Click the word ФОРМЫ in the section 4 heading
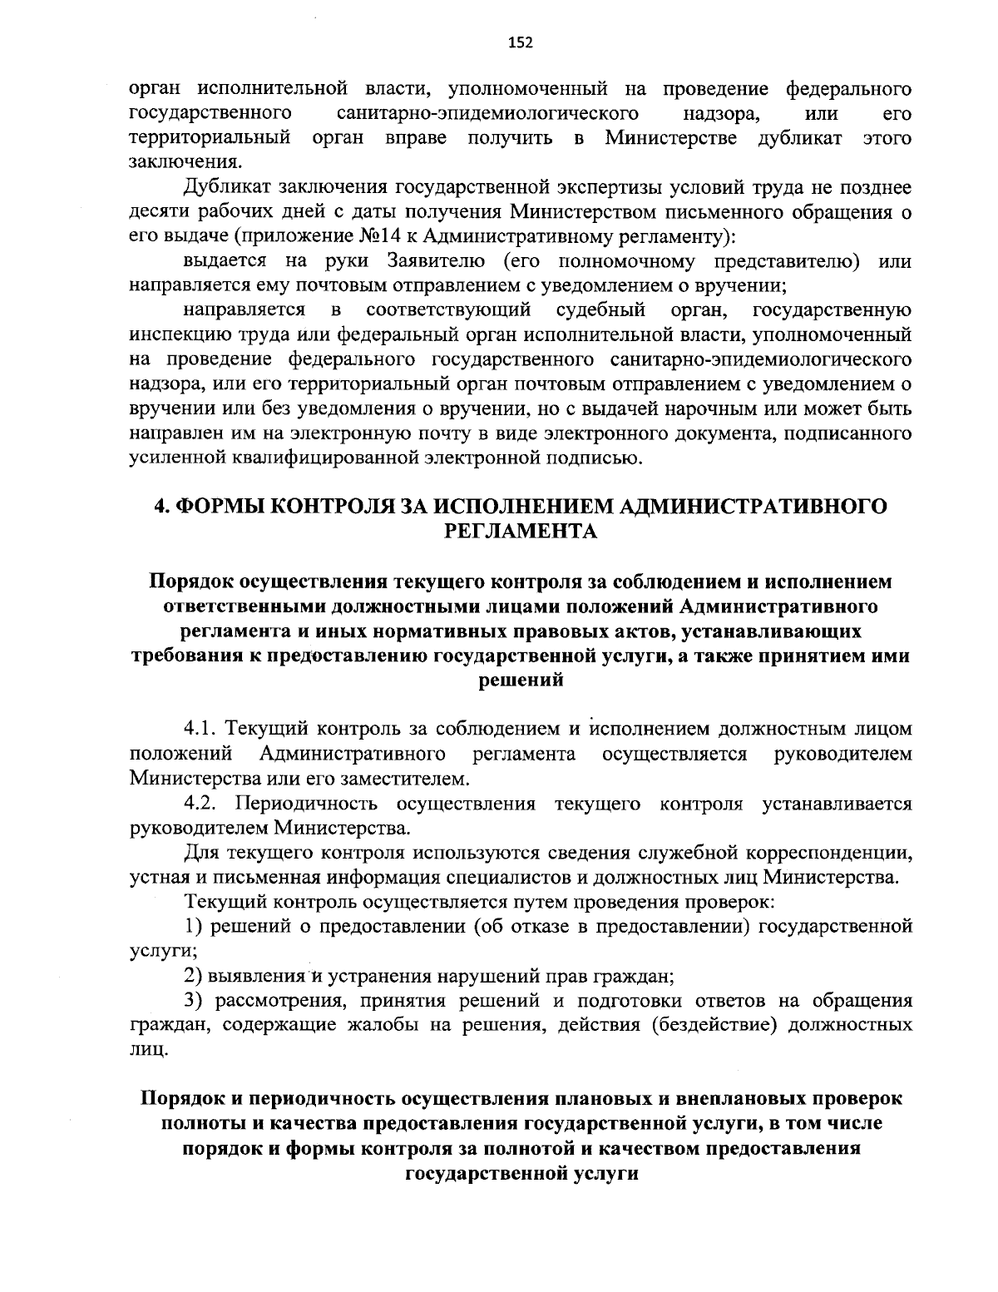[x=220, y=507]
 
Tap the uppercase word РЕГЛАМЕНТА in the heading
[x=521, y=532]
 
